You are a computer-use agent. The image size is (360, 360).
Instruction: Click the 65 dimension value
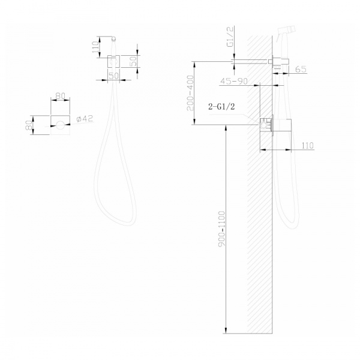[301, 70]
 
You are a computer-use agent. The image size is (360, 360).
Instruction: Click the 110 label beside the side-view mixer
[307, 145]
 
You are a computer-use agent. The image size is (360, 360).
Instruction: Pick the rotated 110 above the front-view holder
[95, 47]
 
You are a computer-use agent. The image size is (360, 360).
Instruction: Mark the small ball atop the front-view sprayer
[113, 38]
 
